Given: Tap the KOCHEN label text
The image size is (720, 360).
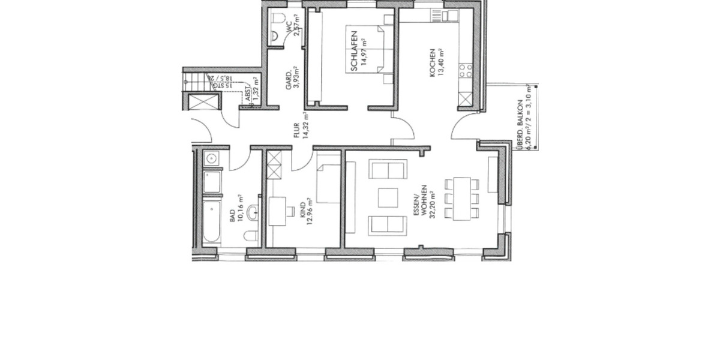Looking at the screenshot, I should (x=431, y=63).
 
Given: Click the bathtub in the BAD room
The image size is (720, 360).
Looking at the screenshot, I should (x=211, y=222).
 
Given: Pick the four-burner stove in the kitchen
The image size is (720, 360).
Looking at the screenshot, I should (x=466, y=73).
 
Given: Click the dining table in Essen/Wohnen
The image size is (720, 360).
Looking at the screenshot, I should (x=462, y=198).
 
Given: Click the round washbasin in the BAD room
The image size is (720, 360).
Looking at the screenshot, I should (x=253, y=210).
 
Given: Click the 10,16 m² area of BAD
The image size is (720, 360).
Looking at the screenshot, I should (x=240, y=208).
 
